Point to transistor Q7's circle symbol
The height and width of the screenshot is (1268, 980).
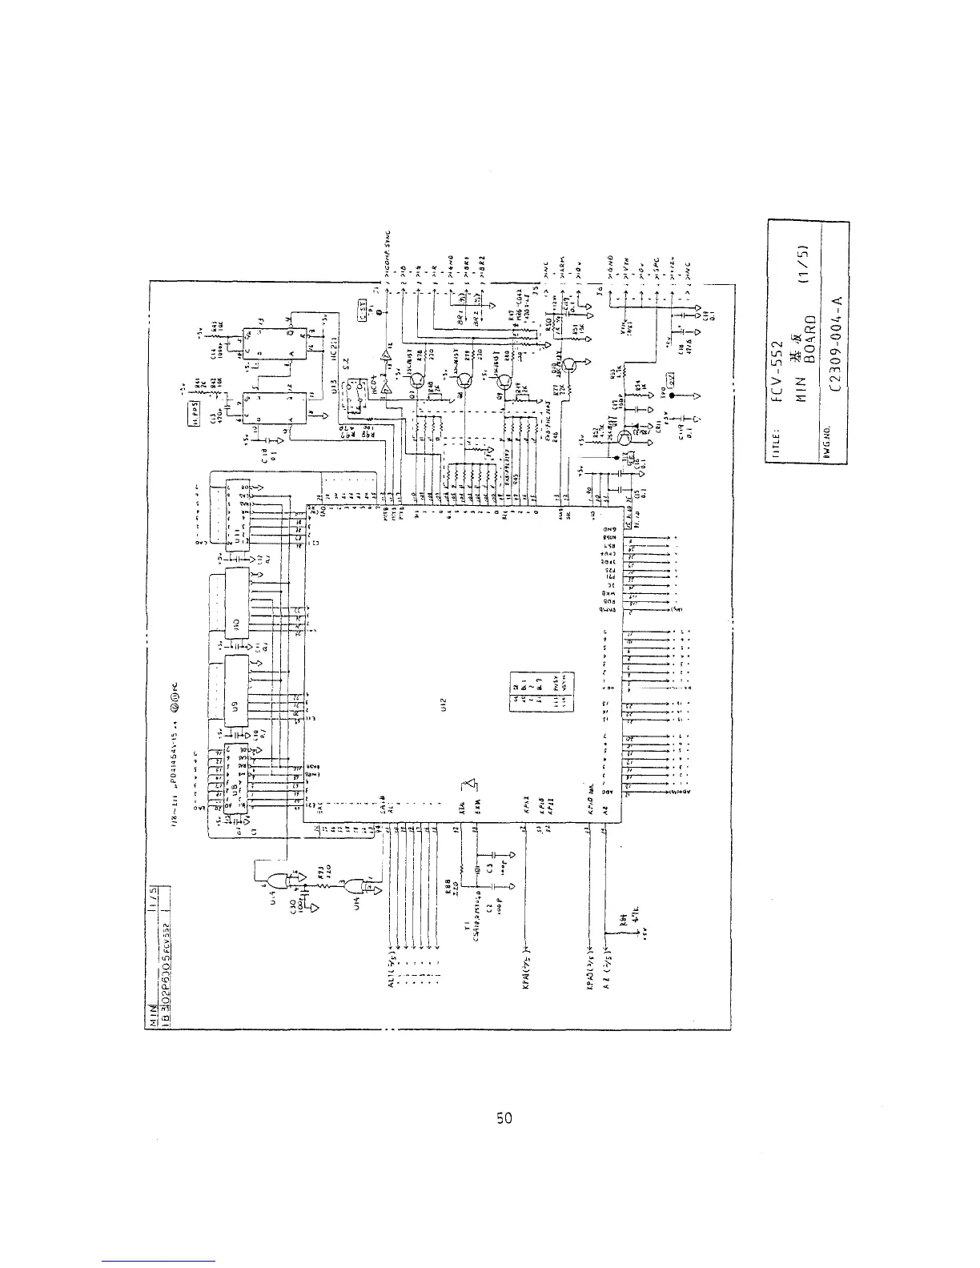417,373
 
